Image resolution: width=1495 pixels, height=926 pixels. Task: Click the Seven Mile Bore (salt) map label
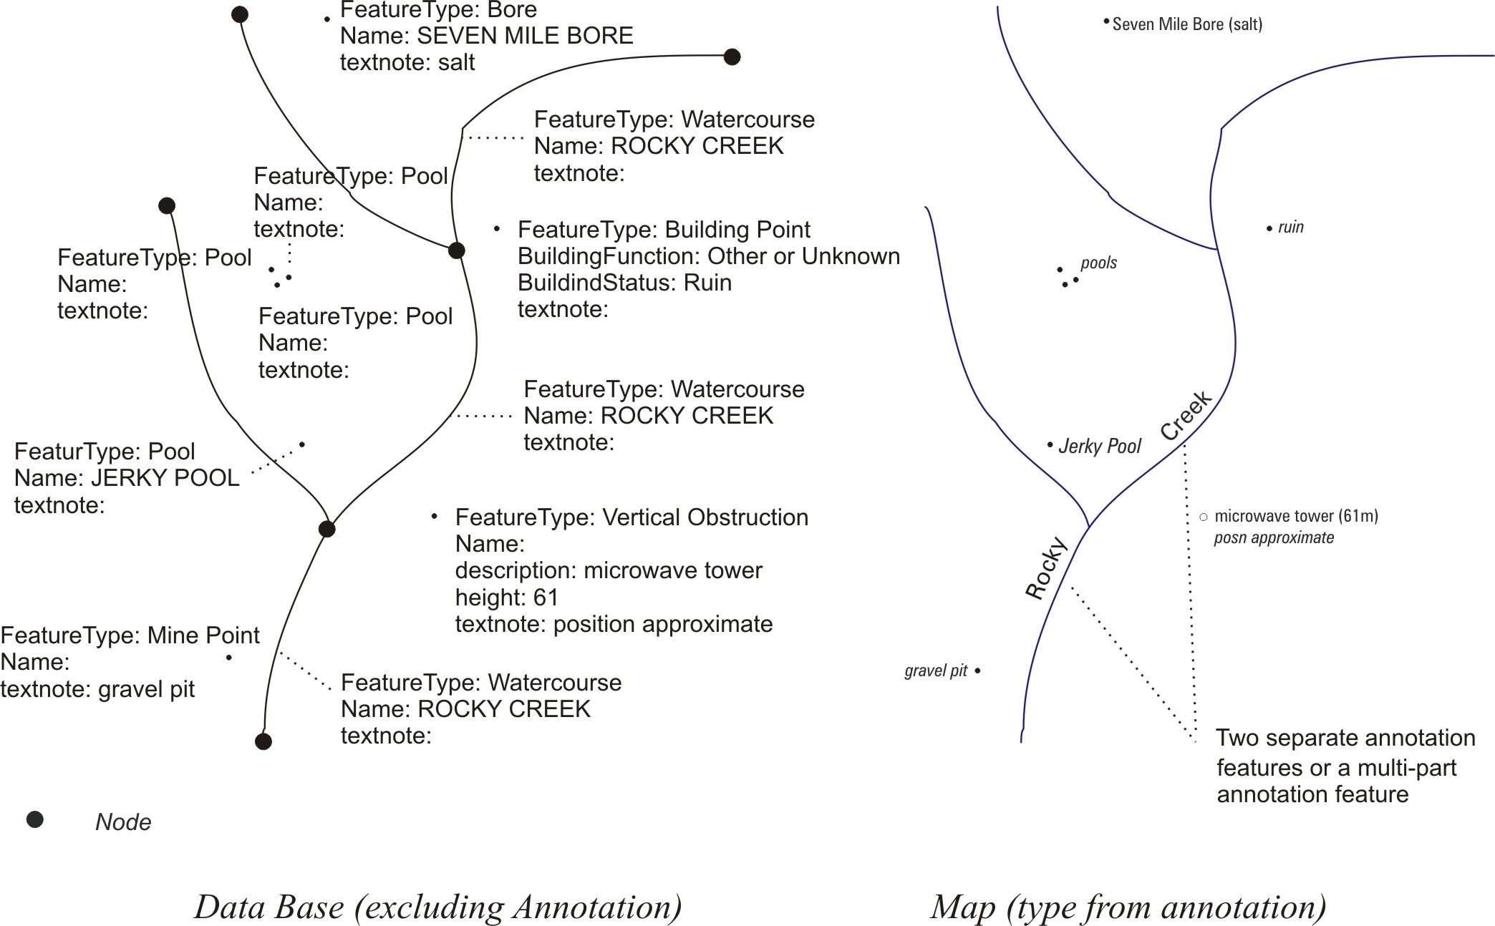click(x=1186, y=24)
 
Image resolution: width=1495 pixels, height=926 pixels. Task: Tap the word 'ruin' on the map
click(x=1290, y=228)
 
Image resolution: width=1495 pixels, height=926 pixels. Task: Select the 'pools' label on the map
click(x=1098, y=263)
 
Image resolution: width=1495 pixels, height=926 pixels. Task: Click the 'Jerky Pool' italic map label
click(x=1099, y=447)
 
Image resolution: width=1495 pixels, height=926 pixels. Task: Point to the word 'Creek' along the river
click(x=1186, y=416)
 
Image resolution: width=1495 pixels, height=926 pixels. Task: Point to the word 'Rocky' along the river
click(x=1047, y=567)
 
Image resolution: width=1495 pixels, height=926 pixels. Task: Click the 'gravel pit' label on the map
click(x=935, y=671)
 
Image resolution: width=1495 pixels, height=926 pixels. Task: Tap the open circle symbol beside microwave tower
click(x=1204, y=517)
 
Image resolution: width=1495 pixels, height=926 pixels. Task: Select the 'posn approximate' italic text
click(x=1273, y=537)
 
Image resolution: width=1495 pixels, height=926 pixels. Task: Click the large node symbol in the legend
click(x=35, y=819)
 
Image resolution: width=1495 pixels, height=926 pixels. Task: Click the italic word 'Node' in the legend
click(x=123, y=822)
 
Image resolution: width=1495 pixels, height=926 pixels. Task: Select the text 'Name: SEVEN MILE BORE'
click(x=486, y=36)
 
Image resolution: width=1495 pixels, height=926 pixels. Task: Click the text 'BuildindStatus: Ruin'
click(x=624, y=283)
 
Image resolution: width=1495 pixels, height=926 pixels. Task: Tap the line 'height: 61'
click(x=506, y=597)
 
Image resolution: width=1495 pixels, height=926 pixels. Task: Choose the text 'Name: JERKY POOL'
click(x=127, y=478)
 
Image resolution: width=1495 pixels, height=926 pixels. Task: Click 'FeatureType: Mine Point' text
click(x=130, y=635)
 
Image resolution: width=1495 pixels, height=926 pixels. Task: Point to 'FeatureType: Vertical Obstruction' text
click(x=631, y=517)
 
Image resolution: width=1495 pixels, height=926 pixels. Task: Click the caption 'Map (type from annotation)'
click(x=1128, y=907)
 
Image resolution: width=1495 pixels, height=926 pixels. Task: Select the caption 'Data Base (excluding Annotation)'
click(x=437, y=907)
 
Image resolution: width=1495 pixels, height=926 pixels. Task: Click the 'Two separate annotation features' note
click(x=1345, y=766)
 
